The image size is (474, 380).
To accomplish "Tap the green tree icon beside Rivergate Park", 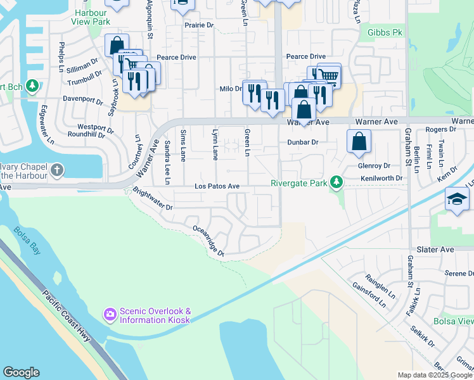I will pyautogui.click(x=337, y=183).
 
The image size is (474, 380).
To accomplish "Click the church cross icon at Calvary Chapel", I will pyautogui.click(x=57, y=170).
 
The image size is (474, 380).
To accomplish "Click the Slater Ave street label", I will pyautogui.click(x=436, y=250).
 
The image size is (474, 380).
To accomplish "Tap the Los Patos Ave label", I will pyautogui.click(x=217, y=186).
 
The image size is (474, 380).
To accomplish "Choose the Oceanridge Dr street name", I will pyautogui.click(x=208, y=241).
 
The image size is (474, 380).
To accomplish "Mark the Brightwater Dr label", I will pyautogui.click(x=152, y=201).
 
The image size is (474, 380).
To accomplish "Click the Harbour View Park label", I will pyautogui.click(x=92, y=17).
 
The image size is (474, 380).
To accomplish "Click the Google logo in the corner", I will pyautogui.click(x=21, y=372).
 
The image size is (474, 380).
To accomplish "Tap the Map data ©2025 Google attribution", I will pyautogui.click(x=434, y=375).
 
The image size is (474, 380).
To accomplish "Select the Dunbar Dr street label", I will pyautogui.click(x=302, y=142).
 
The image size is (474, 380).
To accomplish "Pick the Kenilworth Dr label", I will pyautogui.click(x=382, y=179).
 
